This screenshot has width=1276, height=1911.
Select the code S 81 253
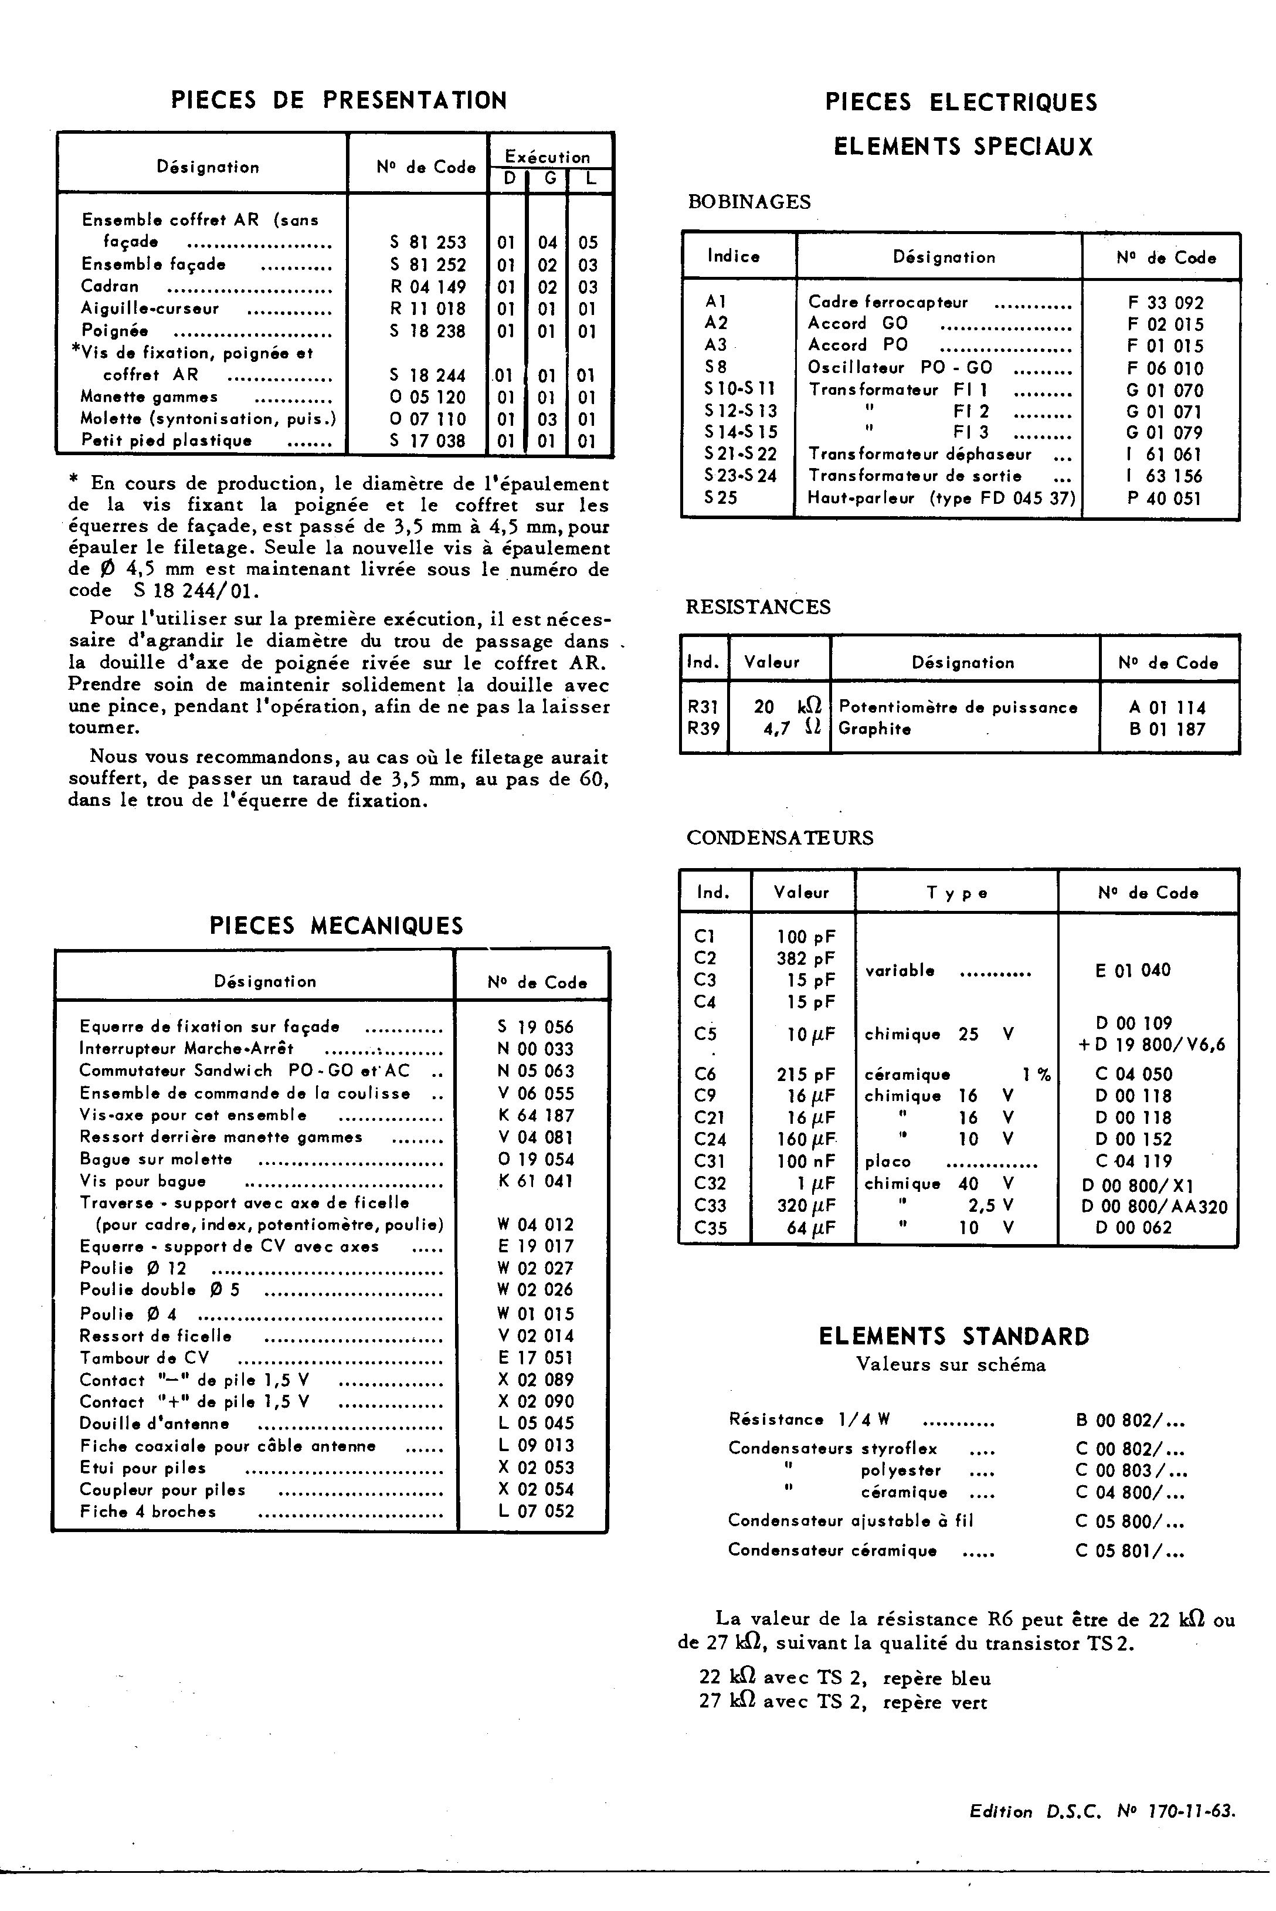point(427,242)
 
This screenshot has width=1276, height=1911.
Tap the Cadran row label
point(110,286)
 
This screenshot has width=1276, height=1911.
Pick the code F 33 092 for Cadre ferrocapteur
point(1165,303)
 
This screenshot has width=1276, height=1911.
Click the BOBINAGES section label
point(749,202)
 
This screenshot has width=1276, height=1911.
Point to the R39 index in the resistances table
point(703,729)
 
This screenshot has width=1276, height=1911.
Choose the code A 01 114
point(1167,707)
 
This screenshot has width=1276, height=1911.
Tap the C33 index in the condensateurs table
point(710,1205)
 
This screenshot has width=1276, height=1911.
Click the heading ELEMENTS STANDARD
point(953,1336)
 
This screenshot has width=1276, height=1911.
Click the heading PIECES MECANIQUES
point(336,926)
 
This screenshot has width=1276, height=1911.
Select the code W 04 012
point(535,1224)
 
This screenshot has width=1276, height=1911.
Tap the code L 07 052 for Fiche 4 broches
point(535,1512)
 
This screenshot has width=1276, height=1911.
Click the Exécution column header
point(547,156)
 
